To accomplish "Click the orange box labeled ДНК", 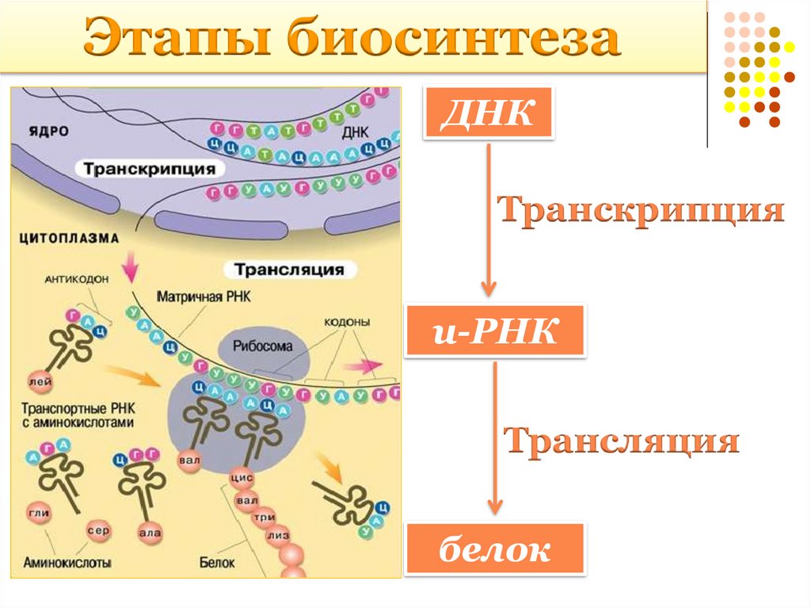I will (488, 113).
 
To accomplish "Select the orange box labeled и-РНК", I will (494, 331).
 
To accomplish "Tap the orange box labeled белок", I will (494, 548).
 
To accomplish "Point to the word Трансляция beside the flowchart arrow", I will (623, 442).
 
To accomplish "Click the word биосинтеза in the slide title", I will (453, 40).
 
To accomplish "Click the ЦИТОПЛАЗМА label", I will (68, 237).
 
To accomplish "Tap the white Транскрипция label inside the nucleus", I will (148, 169).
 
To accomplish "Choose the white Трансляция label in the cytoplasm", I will (288, 270).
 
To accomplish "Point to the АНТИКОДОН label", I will (77, 278).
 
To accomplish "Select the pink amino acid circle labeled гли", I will (39, 513).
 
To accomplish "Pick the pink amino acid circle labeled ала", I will (150, 533).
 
